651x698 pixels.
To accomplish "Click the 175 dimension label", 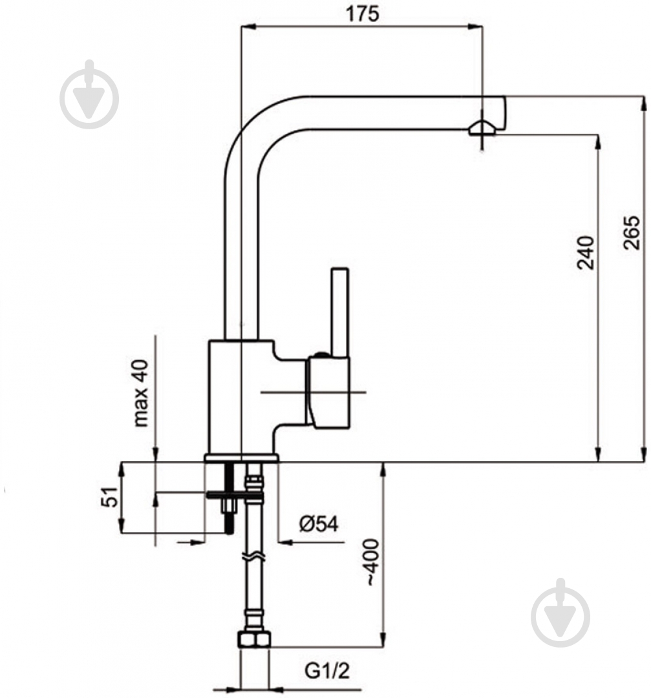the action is coord(363,14).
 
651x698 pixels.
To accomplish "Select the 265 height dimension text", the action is coord(631,233).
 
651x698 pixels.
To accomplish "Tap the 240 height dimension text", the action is coord(585,253).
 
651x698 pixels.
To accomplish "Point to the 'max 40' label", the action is coord(141,393).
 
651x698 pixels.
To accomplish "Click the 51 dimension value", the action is coord(111,497).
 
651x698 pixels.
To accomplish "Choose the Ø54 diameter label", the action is coord(319,523).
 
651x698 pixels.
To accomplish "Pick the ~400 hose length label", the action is coord(371,562).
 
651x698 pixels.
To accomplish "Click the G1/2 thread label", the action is coord(327,670).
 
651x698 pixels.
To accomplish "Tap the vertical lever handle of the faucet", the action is coord(340,312).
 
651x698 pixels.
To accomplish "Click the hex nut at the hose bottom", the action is coord(254,639).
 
